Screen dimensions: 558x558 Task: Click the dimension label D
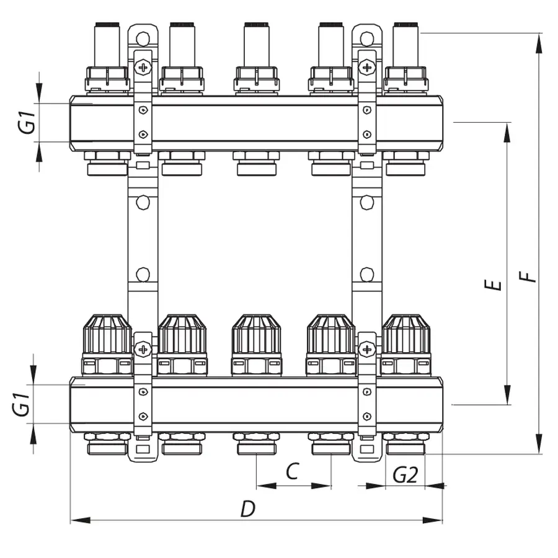click(248, 509)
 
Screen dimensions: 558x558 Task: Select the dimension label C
click(293, 472)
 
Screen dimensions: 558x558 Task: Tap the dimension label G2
click(405, 476)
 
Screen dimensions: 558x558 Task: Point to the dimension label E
click(493, 285)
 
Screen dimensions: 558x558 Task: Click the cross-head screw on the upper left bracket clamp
click(143, 66)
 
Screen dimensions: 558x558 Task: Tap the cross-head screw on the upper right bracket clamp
click(367, 66)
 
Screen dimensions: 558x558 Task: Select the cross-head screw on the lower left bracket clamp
click(143, 349)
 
